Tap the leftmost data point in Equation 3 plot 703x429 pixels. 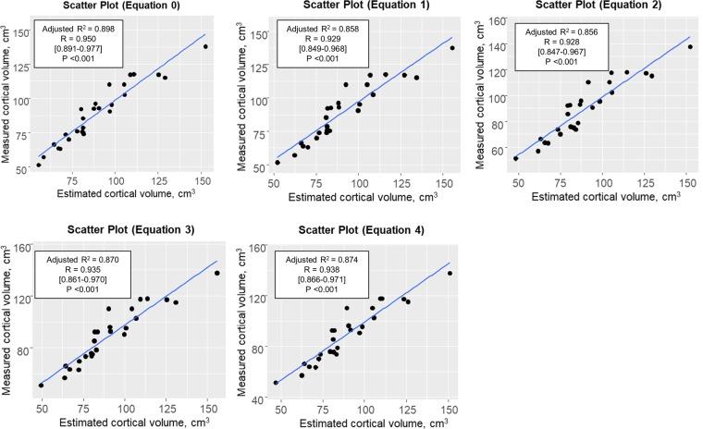click(x=41, y=385)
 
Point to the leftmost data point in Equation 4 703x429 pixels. click(x=276, y=382)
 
